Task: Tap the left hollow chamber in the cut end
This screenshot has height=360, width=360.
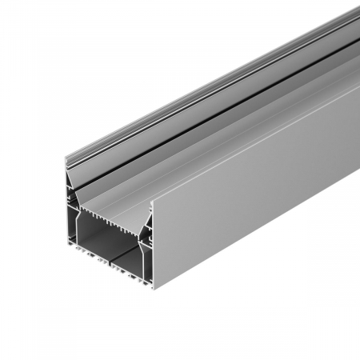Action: pyautogui.click(x=87, y=244)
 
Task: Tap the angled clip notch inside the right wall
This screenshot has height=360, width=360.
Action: pyautogui.click(x=146, y=232)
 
